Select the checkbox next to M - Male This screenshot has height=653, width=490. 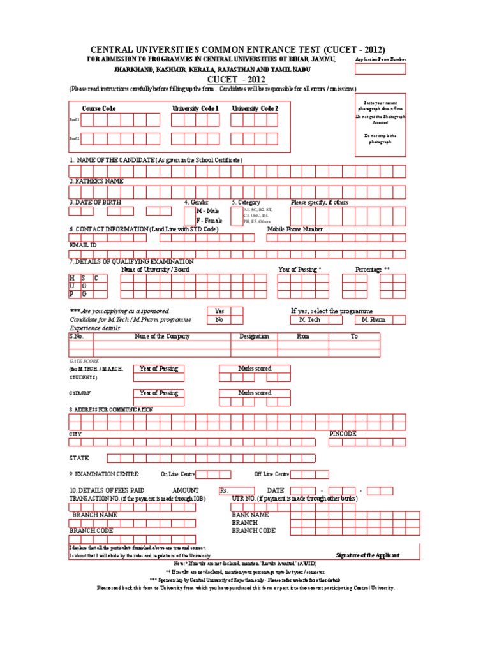190,210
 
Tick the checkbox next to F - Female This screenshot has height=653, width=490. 190,220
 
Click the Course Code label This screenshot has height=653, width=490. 99,109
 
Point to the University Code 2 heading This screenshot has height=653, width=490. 255,109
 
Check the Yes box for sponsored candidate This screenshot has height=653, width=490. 237,311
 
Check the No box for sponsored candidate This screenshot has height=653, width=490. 237,320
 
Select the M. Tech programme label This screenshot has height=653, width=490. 309,320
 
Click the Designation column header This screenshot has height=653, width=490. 254,336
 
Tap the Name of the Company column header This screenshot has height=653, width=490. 161,336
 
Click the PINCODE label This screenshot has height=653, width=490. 343,434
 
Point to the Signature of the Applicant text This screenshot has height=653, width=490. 367,555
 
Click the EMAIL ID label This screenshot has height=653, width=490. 82,245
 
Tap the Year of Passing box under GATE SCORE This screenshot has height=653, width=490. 159,369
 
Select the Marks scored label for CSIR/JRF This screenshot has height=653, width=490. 255,393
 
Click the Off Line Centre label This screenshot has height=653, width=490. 272,474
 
